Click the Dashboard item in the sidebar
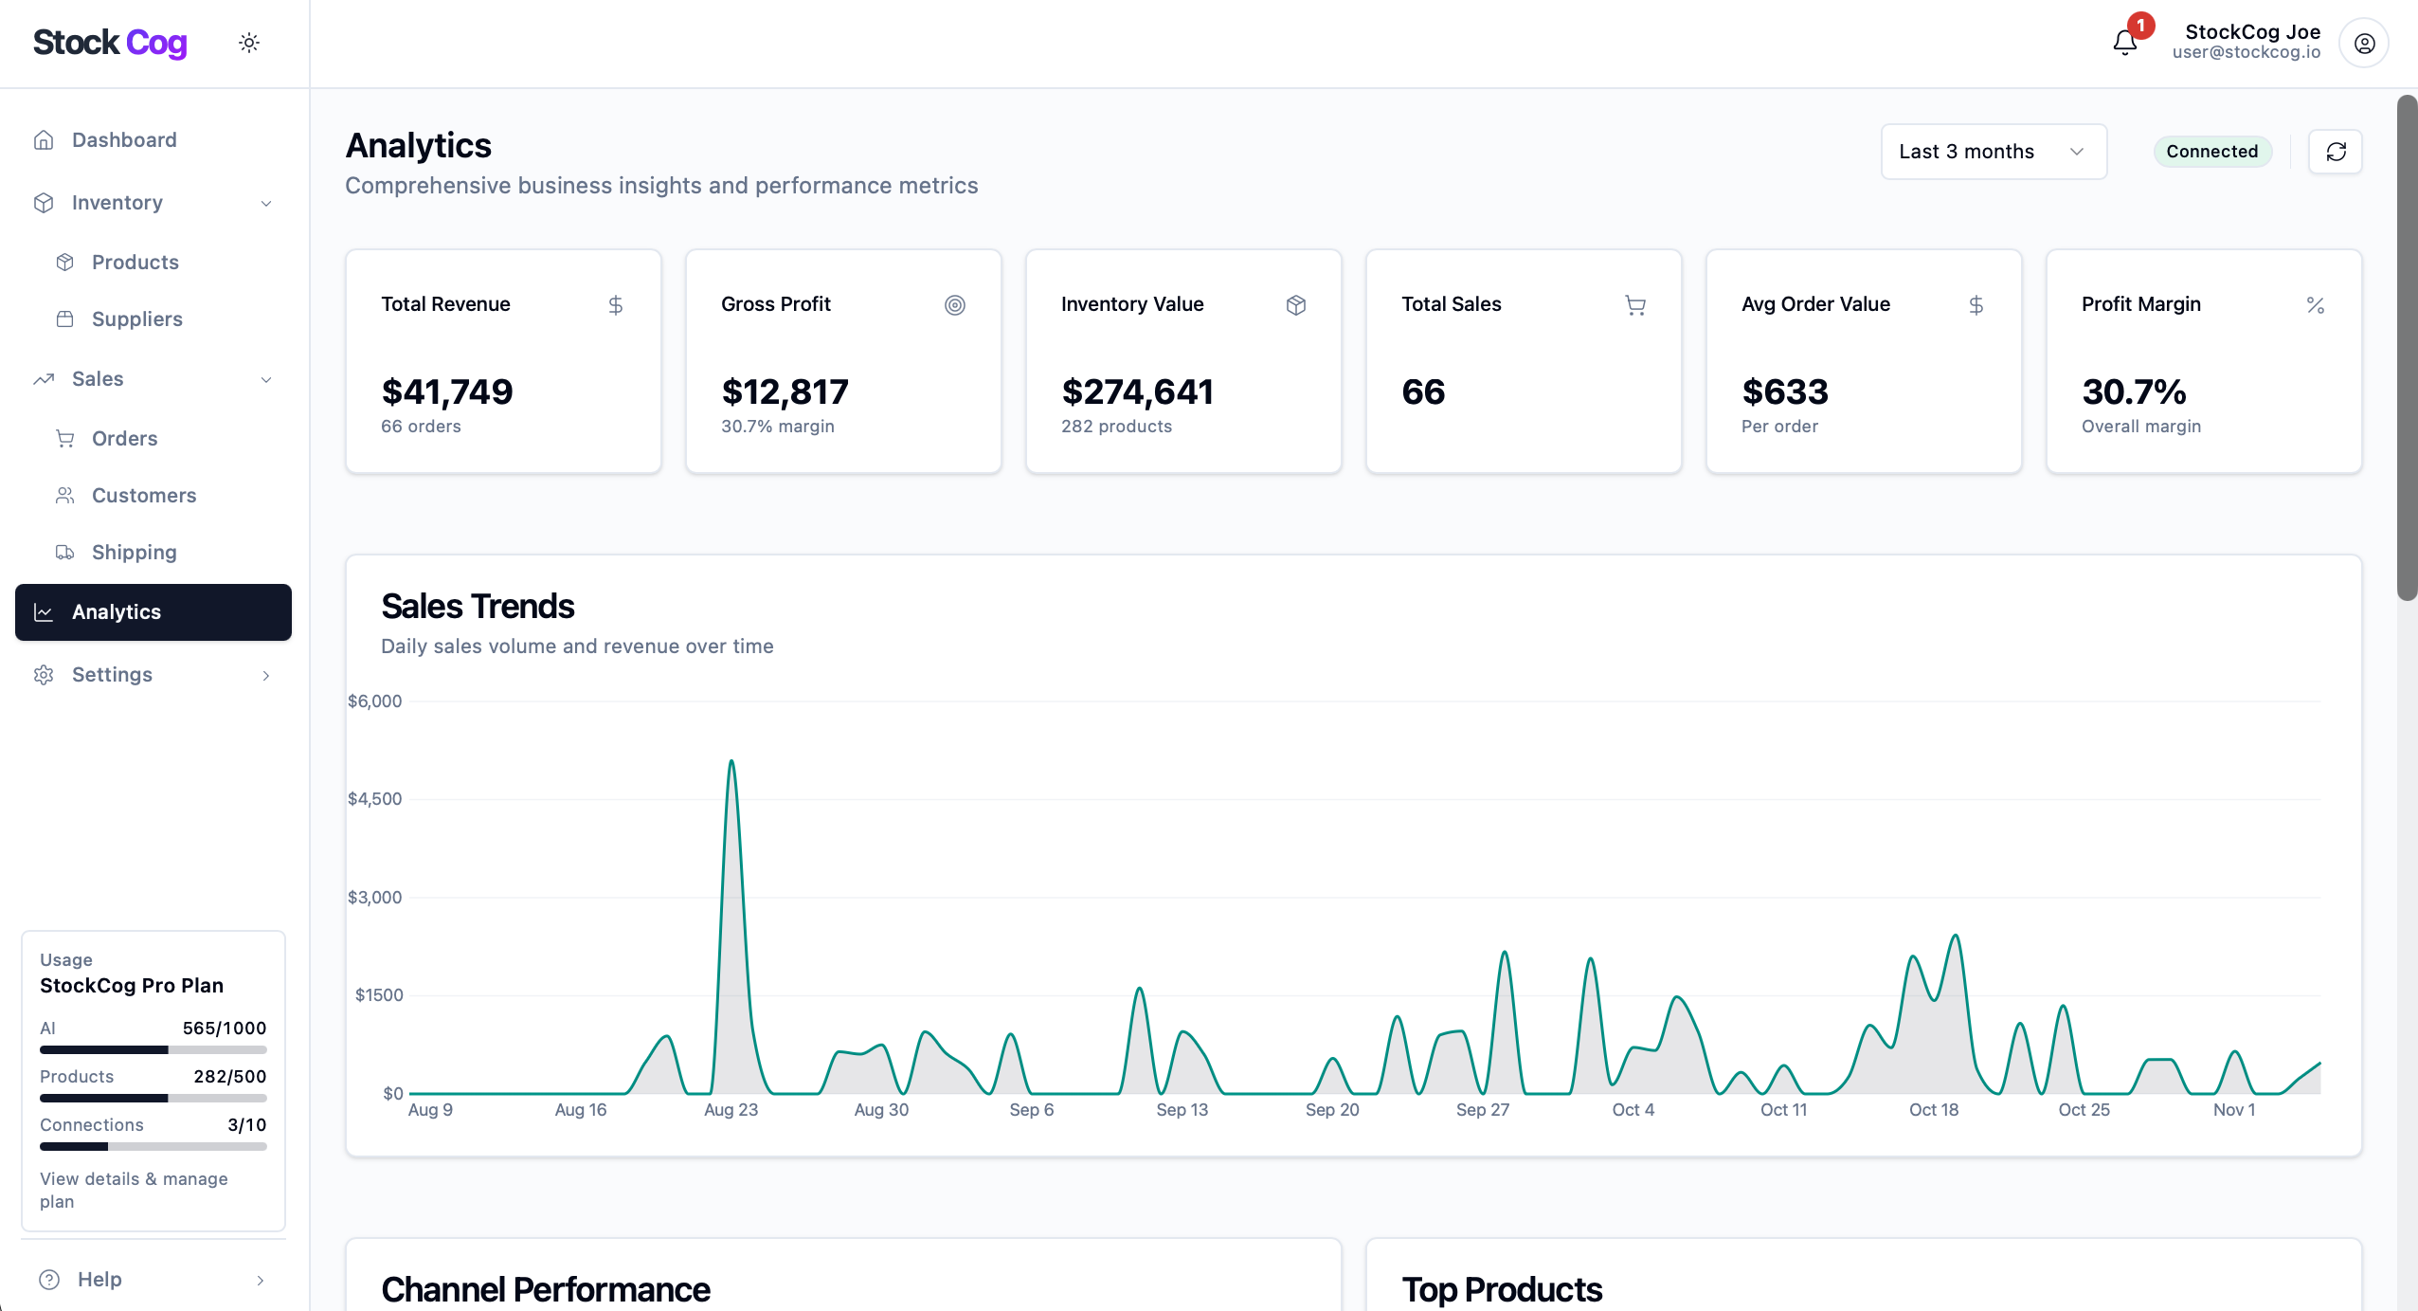point(124,140)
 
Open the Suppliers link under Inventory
point(136,319)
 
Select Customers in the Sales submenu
point(143,496)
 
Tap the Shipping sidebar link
point(134,553)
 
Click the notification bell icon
point(2124,43)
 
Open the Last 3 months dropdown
point(1993,152)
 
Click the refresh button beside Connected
point(2335,152)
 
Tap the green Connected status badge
point(2211,152)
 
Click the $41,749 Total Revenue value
point(446,392)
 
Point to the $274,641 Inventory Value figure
point(1137,392)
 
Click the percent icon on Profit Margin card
point(2315,305)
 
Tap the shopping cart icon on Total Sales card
point(1634,305)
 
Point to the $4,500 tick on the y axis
point(375,799)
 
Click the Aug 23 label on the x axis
point(731,1110)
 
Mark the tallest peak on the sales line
point(731,762)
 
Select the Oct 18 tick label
point(1933,1110)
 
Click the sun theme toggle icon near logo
point(249,43)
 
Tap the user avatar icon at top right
point(2364,44)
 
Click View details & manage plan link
point(134,1190)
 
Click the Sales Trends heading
point(478,607)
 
